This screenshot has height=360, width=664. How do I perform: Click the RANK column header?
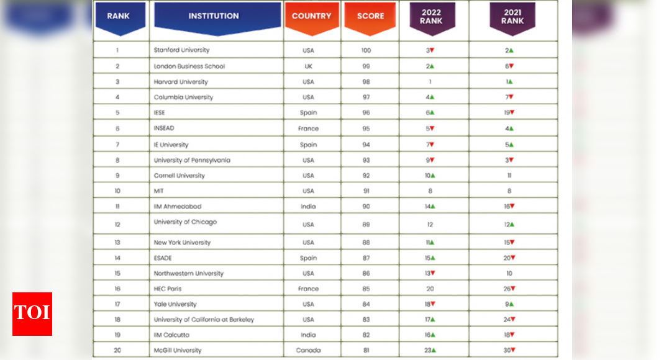tap(118, 16)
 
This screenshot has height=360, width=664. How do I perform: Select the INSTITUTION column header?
tap(214, 16)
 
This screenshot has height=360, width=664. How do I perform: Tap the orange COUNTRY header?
tap(311, 16)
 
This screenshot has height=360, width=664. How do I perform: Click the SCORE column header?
tap(370, 16)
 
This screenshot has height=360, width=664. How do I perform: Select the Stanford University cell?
tap(181, 50)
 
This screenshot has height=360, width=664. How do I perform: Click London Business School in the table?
tap(189, 66)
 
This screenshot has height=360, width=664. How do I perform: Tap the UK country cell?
tap(309, 66)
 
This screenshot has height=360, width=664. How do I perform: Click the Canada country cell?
tap(309, 351)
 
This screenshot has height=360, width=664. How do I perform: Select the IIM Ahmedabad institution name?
tap(178, 207)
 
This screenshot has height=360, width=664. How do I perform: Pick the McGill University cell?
tap(178, 351)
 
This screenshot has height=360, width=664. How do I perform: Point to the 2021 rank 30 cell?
tap(509, 351)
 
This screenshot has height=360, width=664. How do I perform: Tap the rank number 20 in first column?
tap(117, 351)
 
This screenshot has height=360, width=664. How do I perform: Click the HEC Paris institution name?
tap(168, 289)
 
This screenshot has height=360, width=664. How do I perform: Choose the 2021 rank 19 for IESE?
tap(509, 113)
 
